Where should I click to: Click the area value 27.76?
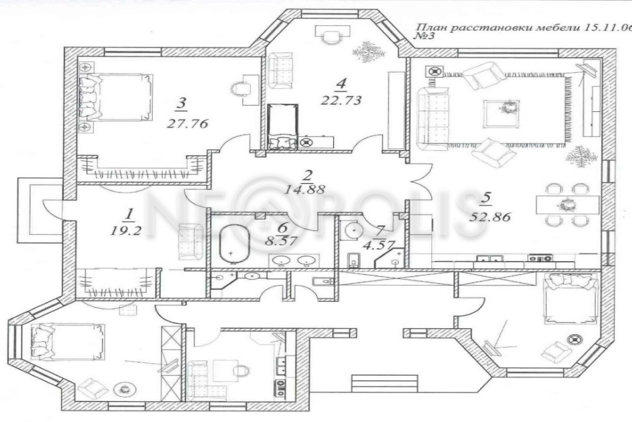coord(187,124)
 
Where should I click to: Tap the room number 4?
coord(342,83)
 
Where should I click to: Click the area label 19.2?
coord(126,230)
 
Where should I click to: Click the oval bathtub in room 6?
coord(234,243)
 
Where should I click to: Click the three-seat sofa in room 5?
coord(434,117)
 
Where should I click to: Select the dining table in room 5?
coord(568,204)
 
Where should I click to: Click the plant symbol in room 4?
coord(368,52)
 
